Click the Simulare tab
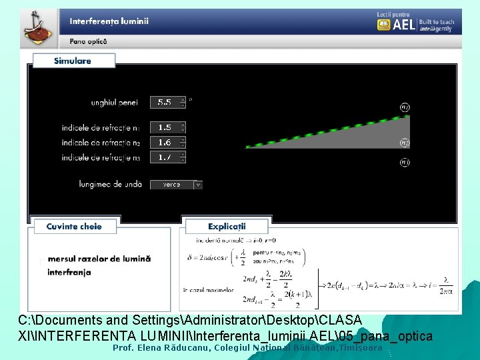73,61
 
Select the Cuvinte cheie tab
74,227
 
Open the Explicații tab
227,227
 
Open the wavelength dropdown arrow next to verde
198,185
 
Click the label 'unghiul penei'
115,103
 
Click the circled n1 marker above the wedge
405,107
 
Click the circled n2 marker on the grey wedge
405,142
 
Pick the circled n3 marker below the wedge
405,161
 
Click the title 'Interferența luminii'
109,21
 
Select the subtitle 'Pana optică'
88,41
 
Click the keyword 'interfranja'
69,272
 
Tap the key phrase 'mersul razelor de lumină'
99,259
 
